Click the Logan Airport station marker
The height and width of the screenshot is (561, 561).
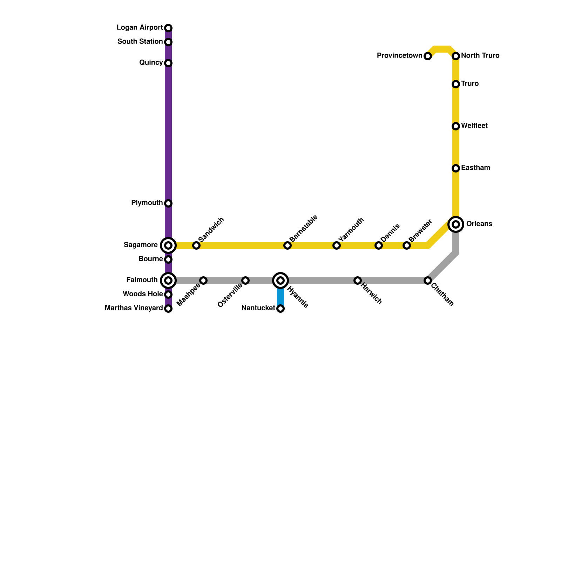click(168, 28)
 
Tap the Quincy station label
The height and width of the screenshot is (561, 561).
click(151, 63)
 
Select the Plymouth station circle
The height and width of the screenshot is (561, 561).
click(168, 203)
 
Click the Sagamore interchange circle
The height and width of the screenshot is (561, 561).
click(168, 245)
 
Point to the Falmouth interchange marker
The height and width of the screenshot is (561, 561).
click(168, 280)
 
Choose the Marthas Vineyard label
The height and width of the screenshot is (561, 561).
click(134, 308)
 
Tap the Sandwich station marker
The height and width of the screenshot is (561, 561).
click(196, 245)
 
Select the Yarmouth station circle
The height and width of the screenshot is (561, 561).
click(337, 245)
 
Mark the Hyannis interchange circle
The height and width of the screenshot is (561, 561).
click(280, 280)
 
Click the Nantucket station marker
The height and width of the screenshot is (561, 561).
click(280, 309)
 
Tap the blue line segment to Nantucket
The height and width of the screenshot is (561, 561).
click(280, 297)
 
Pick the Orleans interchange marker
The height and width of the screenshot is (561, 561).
click(456, 224)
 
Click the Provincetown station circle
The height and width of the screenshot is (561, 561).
click(428, 56)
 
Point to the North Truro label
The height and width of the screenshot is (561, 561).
click(480, 56)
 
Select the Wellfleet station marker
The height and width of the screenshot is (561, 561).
click(456, 126)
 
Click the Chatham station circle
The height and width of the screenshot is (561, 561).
click(428, 280)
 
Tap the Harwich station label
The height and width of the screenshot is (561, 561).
click(371, 294)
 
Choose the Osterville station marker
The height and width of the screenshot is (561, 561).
click(245, 280)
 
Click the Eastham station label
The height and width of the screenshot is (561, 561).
click(475, 168)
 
